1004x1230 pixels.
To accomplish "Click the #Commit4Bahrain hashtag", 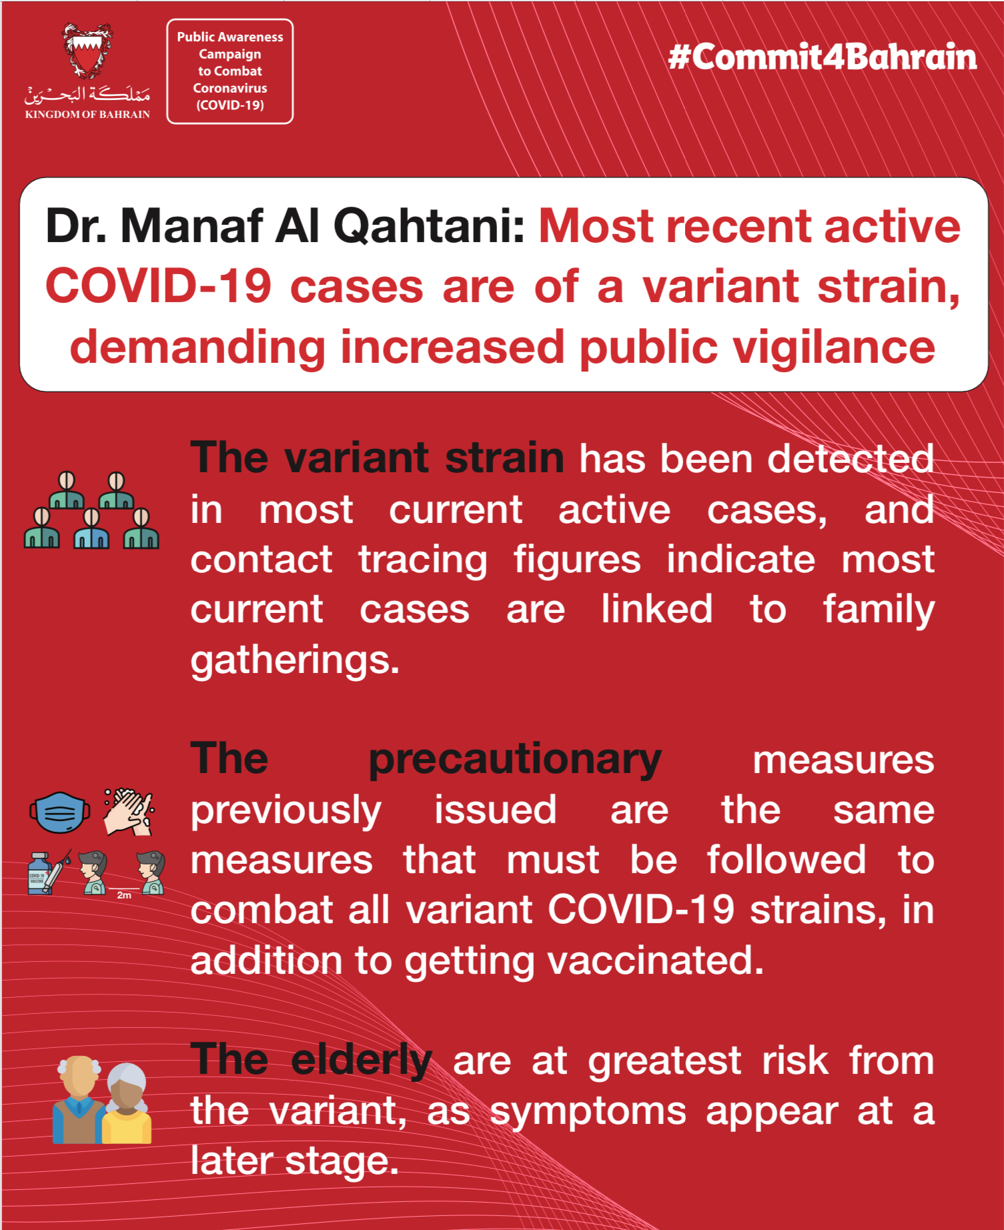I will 822,57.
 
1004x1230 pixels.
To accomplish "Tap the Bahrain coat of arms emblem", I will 87,51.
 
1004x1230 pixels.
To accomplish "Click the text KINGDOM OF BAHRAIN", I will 87,115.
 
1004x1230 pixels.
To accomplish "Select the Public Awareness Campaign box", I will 230,71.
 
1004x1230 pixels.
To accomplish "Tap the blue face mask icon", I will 59,812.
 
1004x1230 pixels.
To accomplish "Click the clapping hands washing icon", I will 129,812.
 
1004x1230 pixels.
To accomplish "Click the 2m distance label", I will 124,895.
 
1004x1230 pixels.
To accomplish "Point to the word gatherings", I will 295,660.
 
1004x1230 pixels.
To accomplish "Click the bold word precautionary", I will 514,760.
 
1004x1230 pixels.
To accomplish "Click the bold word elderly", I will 362,1060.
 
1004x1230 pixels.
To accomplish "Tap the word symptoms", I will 588,1111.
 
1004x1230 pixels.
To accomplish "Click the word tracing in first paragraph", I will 423,560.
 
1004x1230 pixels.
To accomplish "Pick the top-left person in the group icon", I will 67,491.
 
